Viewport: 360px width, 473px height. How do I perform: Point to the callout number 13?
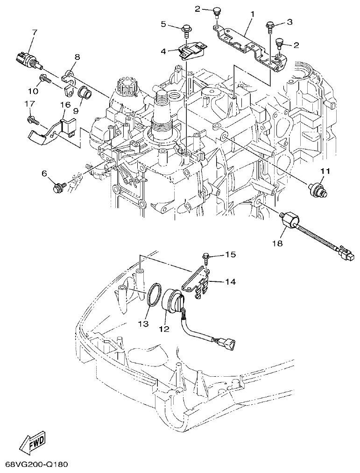tap(143, 323)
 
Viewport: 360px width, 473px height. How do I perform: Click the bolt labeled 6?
tap(59, 188)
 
